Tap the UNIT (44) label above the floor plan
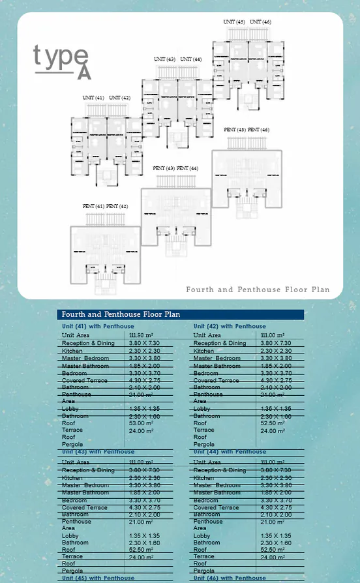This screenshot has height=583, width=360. [191, 59]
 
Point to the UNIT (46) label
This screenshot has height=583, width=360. [260, 22]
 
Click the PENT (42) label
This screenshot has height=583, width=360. [117, 206]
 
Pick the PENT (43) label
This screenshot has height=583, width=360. [164, 168]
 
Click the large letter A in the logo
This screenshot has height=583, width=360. [83, 72]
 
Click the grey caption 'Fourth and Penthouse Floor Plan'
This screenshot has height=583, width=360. [258, 290]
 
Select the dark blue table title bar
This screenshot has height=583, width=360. [181, 314]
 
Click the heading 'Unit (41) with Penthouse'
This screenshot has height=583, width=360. [98, 326]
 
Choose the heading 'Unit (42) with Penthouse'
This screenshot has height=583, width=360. [230, 326]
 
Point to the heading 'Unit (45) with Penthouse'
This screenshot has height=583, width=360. [98, 578]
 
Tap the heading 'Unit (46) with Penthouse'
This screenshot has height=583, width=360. [230, 578]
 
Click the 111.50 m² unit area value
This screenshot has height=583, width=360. [141, 335]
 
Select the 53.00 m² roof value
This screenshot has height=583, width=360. [141, 423]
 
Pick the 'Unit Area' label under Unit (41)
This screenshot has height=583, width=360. [76, 335]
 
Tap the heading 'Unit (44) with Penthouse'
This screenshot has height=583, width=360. [230, 451]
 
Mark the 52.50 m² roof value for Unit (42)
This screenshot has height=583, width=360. [273, 423]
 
